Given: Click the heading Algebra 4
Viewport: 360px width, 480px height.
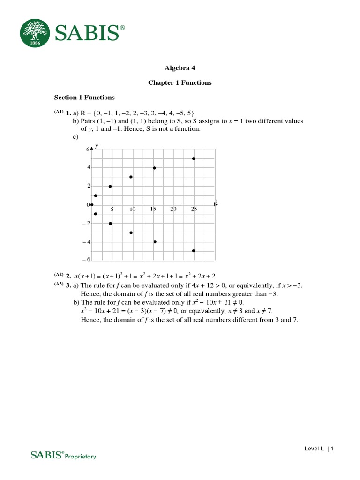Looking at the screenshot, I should (x=180, y=67).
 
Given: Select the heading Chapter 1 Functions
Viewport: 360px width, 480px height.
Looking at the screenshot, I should (x=180, y=82).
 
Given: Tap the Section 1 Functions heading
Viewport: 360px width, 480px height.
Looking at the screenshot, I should (x=84, y=97).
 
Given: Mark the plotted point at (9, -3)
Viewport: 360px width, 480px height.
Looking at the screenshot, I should (x=131, y=232).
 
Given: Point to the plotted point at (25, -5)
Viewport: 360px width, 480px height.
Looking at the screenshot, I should (x=194, y=251).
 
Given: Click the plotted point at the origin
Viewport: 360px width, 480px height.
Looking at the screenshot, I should (x=92, y=205).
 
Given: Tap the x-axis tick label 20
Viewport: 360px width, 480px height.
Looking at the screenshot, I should (x=173, y=210).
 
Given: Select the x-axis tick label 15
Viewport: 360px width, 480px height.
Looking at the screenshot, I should (x=153, y=210).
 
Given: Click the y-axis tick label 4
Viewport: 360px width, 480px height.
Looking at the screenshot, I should (x=88, y=167).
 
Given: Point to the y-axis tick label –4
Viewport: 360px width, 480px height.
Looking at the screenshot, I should (x=86, y=242).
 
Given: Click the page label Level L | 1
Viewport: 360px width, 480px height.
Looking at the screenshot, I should (x=319, y=449).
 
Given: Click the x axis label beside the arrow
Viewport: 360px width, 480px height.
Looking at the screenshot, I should (x=216, y=201).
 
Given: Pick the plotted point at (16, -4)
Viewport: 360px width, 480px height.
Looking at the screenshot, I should (x=155, y=242).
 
